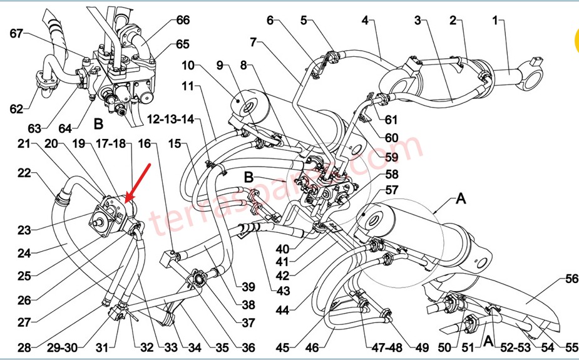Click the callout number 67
[x=17, y=33]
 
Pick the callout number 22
[x=24, y=173]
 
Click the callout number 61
[x=391, y=119]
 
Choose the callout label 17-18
[x=113, y=144]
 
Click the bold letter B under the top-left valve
[x=98, y=123]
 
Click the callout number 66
[x=183, y=21]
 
